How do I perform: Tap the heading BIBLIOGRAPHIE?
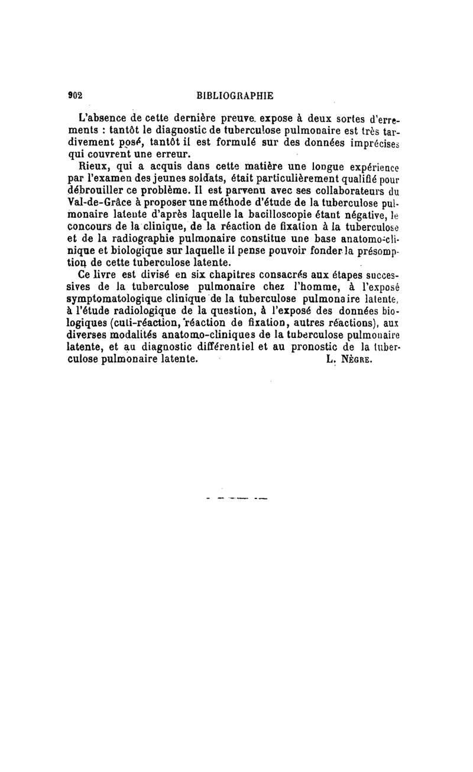(x=235, y=95)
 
